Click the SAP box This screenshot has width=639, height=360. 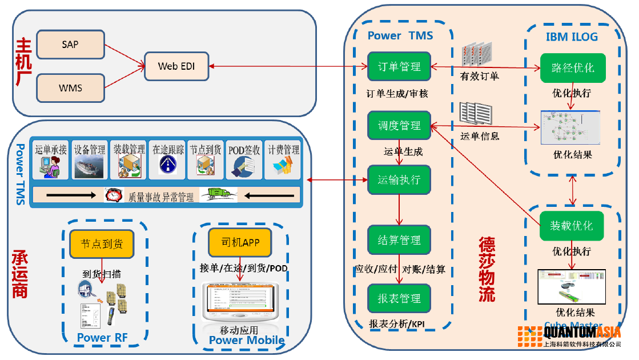[70, 44]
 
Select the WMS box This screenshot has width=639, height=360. [70, 87]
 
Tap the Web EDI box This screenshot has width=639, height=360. [176, 66]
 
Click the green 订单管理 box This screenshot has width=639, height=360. [399, 67]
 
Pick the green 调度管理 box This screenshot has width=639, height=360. [399, 125]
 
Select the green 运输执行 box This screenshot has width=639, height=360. [399, 180]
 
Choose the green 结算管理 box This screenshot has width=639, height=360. [399, 240]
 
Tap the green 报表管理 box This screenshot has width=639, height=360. [399, 298]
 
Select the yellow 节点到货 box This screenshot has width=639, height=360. [101, 243]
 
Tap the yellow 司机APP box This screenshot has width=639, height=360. [239, 243]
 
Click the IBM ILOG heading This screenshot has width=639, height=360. [572, 37]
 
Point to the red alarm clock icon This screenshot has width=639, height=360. [114, 195]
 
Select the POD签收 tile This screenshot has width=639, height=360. [244, 160]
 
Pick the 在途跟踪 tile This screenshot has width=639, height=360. [168, 160]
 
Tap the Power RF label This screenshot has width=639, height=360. [102, 338]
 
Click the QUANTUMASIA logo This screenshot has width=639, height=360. [569, 334]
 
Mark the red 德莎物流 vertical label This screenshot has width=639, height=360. [487, 269]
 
